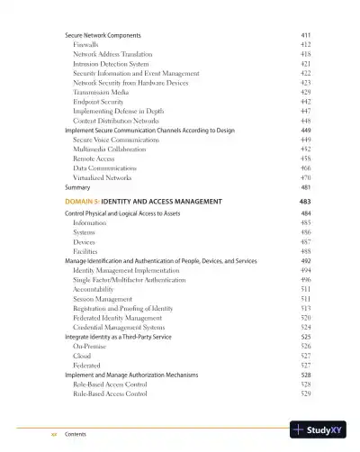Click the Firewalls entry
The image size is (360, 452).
pyautogui.click(x=85, y=43)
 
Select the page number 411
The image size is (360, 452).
pyautogui.click(x=305, y=33)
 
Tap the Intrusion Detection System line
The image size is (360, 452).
pyautogui.click(x=111, y=64)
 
